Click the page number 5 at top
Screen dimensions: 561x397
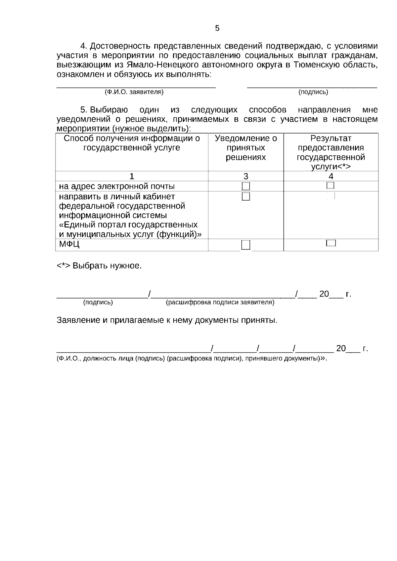[217, 28]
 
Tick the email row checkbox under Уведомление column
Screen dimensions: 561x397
[246, 186]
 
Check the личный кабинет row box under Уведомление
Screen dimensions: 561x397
[246, 197]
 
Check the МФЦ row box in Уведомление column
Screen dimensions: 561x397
[246, 245]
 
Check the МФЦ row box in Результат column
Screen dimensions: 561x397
[331, 243]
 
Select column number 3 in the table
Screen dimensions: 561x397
[246, 176]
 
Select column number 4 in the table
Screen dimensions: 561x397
[331, 176]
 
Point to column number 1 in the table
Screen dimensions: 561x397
[132, 176]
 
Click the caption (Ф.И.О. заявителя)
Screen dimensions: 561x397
[134, 92]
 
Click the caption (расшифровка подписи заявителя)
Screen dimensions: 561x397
[220, 302]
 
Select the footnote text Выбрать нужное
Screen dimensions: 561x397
[107, 266]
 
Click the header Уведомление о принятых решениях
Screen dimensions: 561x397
[246, 147]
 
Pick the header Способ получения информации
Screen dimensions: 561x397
[132, 143]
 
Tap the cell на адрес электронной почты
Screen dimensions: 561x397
[117, 186]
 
